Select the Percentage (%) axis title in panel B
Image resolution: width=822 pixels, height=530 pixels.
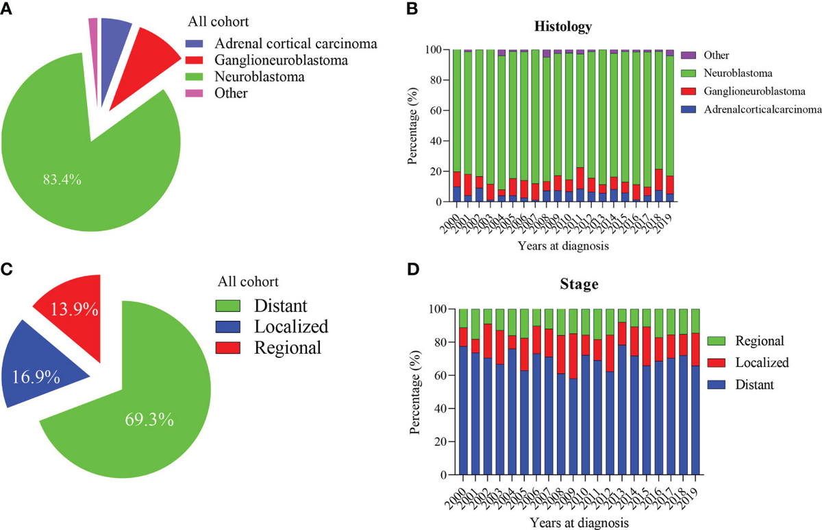[413, 126]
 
